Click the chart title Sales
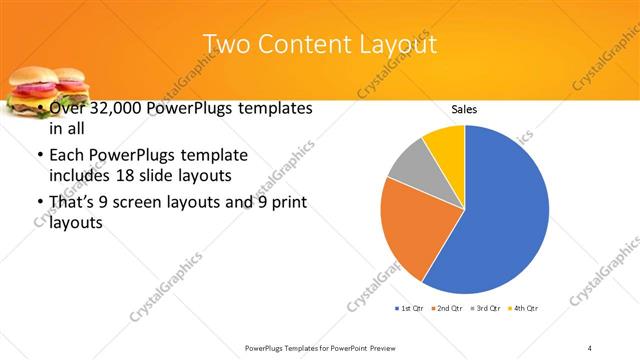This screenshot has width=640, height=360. [464, 108]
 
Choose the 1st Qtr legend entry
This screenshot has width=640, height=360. [411, 307]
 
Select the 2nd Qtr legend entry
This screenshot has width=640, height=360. [448, 307]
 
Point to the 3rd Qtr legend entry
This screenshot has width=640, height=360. [487, 307]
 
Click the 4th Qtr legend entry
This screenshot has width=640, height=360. [525, 307]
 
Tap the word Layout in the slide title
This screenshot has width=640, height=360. [396, 45]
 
